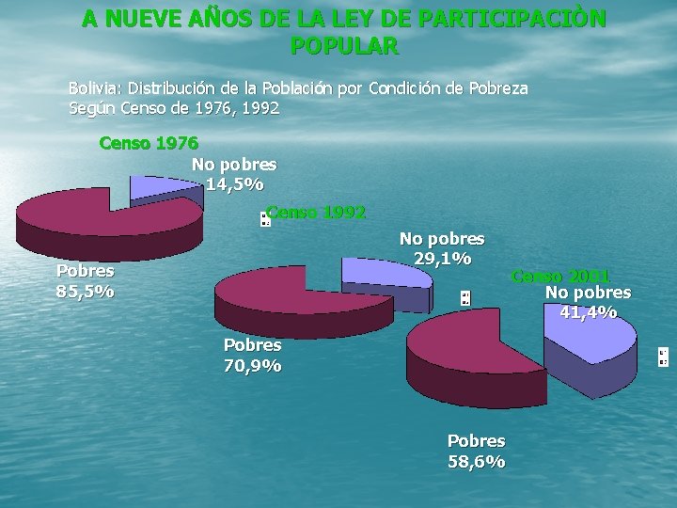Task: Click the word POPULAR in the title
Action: click(x=344, y=46)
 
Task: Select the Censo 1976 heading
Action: click(x=149, y=143)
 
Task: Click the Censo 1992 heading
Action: click(x=316, y=212)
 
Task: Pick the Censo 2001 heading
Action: click(x=560, y=276)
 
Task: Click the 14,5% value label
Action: click(x=234, y=184)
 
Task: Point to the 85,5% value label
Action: click(x=85, y=292)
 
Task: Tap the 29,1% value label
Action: click(x=443, y=259)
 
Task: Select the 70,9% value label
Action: click(x=253, y=366)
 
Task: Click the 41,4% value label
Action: click(x=588, y=312)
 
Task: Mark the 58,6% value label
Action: click(x=476, y=462)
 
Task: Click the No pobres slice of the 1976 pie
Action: click(x=162, y=189)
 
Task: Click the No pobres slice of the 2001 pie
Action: click(x=590, y=345)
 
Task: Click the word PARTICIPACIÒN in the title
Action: click(x=512, y=19)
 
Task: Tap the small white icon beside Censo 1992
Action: click(x=265, y=219)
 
